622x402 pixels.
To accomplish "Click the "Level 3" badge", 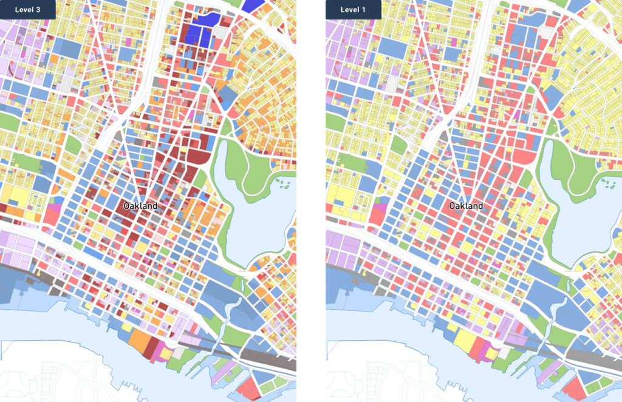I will click(x=27, y=10).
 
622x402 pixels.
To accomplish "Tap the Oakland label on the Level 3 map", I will click(x=140, y=206).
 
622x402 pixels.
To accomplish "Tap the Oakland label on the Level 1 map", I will click(x=466, y=206).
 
